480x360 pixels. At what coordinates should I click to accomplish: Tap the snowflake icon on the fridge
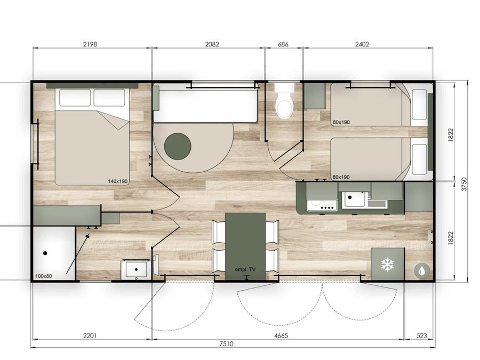pos(387,265)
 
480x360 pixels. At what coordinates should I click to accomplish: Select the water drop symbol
pos(422,270)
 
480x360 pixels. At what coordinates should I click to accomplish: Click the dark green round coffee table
pos(178,146)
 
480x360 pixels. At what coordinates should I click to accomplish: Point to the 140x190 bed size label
pos(117,181)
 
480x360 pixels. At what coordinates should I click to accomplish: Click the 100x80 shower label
pos(44,276)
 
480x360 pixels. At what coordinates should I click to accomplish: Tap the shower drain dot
pos(45,253)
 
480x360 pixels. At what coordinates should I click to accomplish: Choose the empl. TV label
pos(245,269)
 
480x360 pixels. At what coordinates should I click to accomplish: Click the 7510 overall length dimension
pos(226,344)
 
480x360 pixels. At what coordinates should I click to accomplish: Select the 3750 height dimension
pos(465,184)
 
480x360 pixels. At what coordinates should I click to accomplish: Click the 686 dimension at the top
pos(283,44)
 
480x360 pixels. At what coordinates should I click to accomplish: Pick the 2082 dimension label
pos(212,44)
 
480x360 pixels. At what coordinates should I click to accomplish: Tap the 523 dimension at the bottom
pos(422,335)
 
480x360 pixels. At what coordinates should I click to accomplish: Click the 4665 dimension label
pos(281,335)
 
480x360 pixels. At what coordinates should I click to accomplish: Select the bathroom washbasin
pos(136,270)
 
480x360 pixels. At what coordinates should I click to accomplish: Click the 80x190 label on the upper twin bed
pos(341,122)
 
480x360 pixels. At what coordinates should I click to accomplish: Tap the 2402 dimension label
pos(362,44)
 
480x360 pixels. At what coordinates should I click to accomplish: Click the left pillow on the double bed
pos(75,98)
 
